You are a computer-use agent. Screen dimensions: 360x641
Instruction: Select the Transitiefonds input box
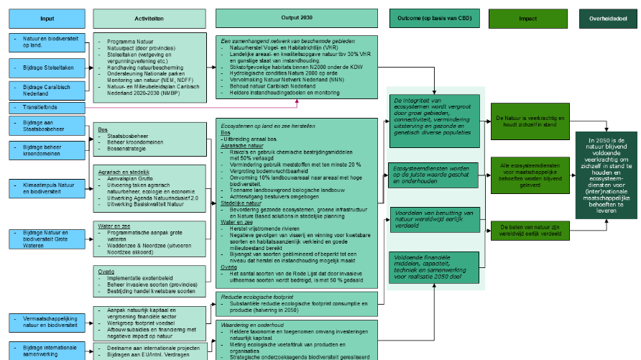pos(48,108)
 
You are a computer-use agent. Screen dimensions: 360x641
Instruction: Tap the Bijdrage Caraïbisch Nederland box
pos(48,90)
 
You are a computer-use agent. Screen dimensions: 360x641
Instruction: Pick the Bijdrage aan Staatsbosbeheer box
pos(48,126)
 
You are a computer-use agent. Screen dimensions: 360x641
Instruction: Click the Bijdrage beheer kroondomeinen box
pos(48,151)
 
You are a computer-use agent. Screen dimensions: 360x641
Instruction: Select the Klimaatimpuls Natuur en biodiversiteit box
pos(48,188)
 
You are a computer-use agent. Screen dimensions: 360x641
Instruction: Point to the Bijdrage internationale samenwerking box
pos(48,351)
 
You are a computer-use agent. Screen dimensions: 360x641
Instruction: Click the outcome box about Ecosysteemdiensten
pos(434,172)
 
